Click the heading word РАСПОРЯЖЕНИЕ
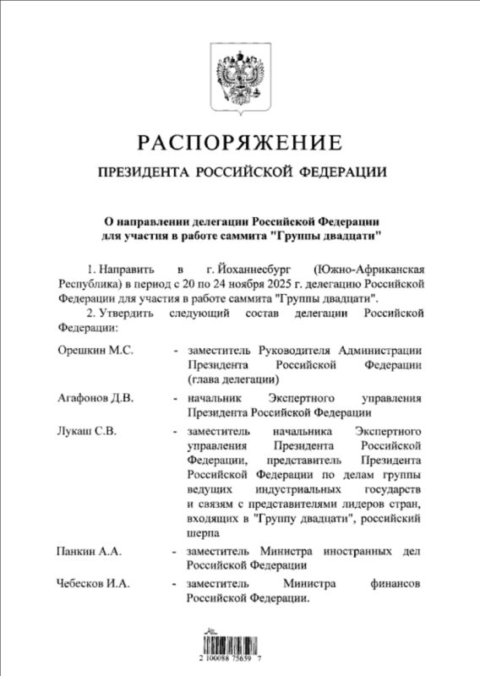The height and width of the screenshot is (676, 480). tap(240, 140)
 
